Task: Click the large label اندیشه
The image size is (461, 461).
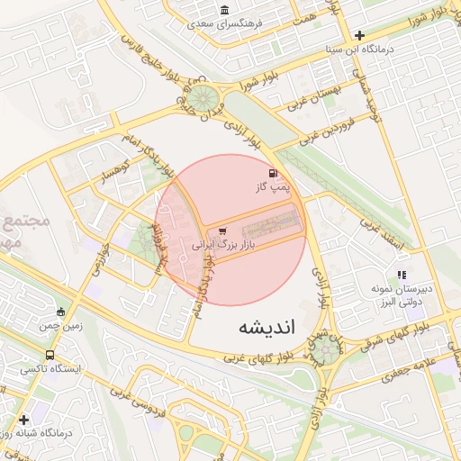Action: [267, 326]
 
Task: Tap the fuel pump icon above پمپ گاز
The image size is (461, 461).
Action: [273, 173]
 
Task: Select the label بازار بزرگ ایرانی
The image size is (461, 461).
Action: [224, 244]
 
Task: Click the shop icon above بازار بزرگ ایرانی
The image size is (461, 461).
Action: [221, 230]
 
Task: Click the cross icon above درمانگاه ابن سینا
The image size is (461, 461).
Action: [359, 35]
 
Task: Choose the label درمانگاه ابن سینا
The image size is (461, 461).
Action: [361, 50]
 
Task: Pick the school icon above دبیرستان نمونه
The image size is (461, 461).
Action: [402, 275]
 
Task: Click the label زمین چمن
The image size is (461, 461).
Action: [60, 327]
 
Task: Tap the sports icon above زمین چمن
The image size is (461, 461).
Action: [60, 312]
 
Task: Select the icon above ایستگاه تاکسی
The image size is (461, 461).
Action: [50, 355]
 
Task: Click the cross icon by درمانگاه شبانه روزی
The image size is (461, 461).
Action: [23, 420]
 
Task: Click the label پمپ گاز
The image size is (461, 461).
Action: [274, 188]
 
